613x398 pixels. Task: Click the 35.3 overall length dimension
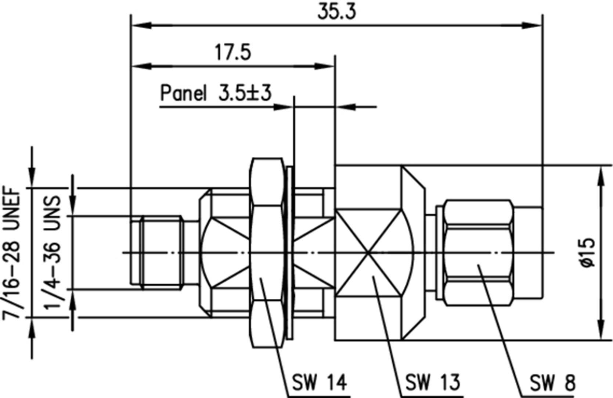coord(336,12)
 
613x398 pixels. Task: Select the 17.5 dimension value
coord(232,53)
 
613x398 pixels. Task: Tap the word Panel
coord(183,93)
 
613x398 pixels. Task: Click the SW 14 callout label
coord(320,382)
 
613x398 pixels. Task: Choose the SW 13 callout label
coord(432,382)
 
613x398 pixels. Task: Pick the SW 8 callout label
coord(552,383)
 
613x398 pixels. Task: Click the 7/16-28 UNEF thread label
coord(11,253)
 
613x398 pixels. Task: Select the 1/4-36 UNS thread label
coord(52,253)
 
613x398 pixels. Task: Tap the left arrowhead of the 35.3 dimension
coord(141,25)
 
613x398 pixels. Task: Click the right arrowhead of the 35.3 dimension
coord(532,25)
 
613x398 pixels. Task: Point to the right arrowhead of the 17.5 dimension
coord(324,66)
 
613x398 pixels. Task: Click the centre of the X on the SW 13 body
coord(368,253)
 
